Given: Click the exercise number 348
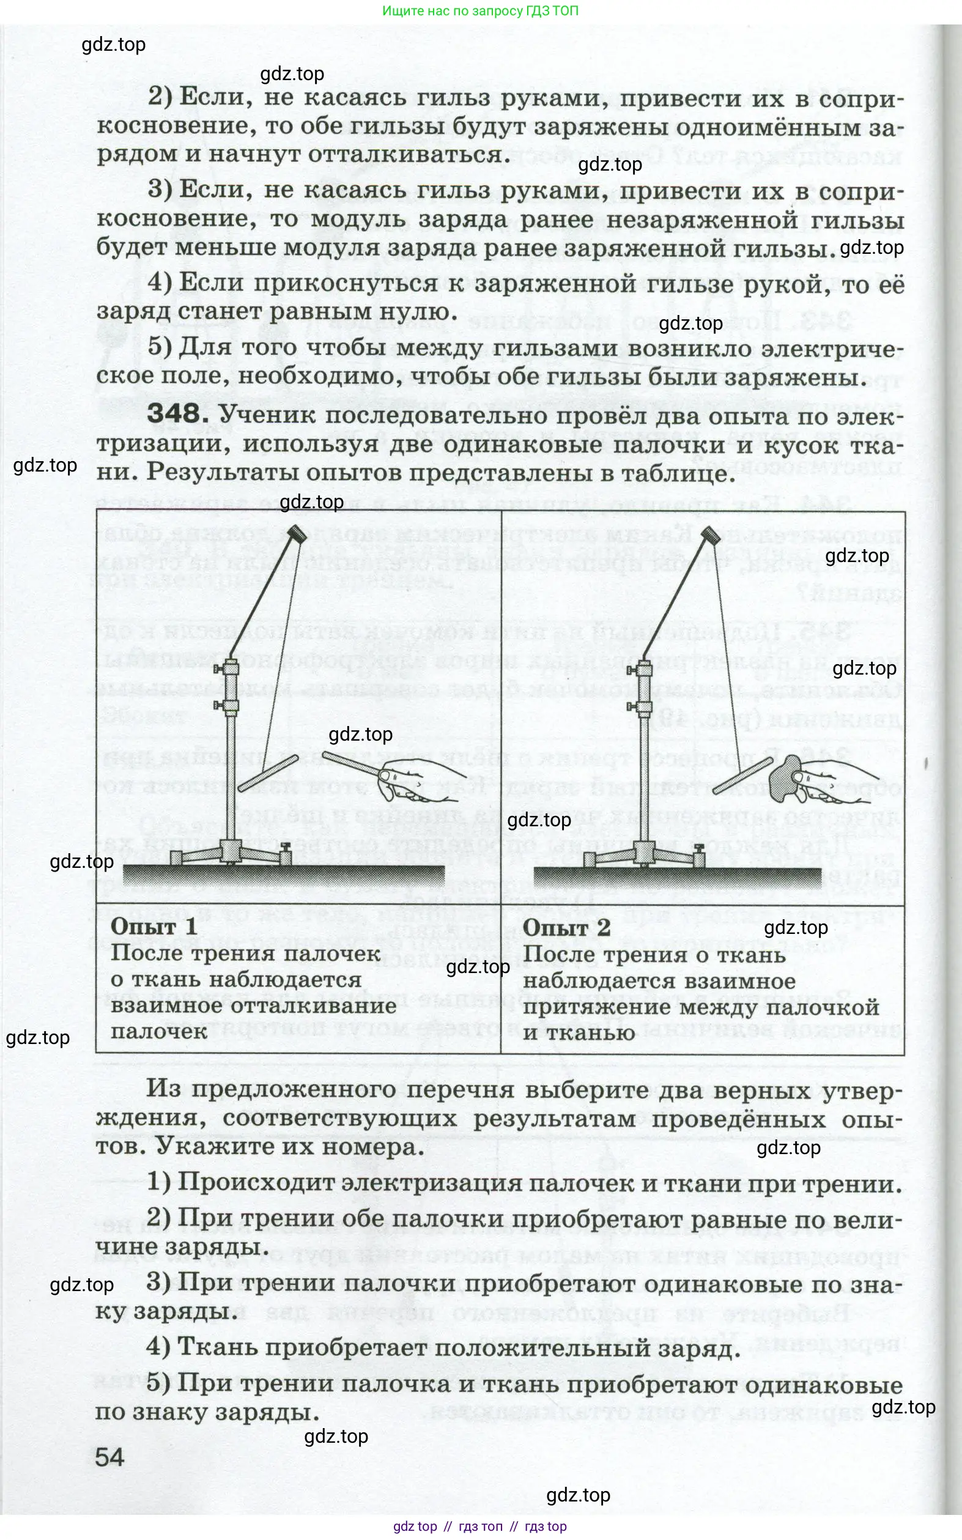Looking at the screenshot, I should pos(174,414).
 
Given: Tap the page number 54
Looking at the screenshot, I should pos(109,1457).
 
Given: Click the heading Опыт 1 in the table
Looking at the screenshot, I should pos(154,927).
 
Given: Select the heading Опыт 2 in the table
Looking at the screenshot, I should pos(566,928).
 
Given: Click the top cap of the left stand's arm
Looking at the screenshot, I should pos(297,534).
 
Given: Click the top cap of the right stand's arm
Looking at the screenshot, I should pos(709,534).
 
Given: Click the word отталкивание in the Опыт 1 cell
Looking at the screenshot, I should pos(313,1005).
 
